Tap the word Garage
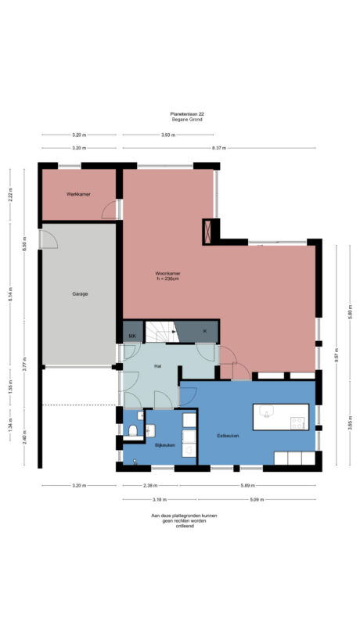[80, 294]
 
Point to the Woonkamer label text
[167, 273]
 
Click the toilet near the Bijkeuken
[133, 430]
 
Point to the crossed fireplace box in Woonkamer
[209, 231]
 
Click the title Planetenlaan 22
[187, 113]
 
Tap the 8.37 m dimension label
[219, 147]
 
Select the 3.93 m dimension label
[168, 135]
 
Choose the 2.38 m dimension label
[149, 485]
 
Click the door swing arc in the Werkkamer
[110, 209]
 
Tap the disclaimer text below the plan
[185, 520]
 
